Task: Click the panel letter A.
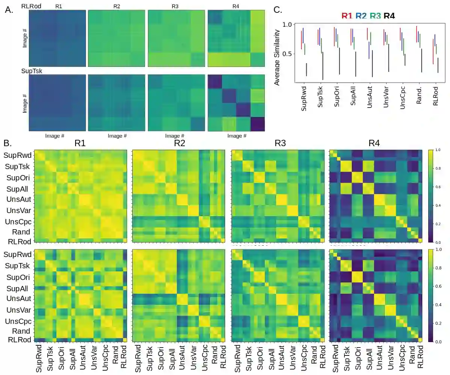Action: (9, 10)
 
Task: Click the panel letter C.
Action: (278, 10)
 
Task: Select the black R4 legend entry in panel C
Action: (387, 15)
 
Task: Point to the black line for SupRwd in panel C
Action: (307, 70)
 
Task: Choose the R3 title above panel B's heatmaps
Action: (280, 143)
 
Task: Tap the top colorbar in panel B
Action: (430, 196)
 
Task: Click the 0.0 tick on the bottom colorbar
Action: (438, 342)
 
